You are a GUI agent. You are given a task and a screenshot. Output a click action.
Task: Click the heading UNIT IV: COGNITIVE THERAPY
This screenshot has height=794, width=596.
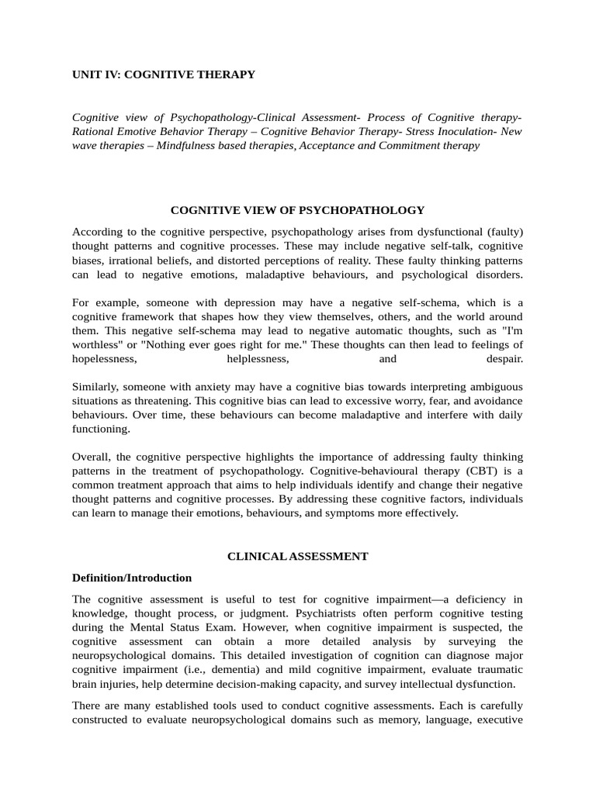(163, 74)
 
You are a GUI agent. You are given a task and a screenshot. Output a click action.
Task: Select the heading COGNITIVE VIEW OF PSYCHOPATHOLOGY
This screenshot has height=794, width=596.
(297, 209)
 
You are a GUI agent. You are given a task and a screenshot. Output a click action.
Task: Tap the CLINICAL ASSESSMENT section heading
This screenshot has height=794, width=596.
(297, 556)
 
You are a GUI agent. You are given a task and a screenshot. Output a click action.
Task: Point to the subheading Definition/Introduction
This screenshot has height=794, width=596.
(131, 578)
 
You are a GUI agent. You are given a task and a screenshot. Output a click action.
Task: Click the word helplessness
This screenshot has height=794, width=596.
(258, 359)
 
